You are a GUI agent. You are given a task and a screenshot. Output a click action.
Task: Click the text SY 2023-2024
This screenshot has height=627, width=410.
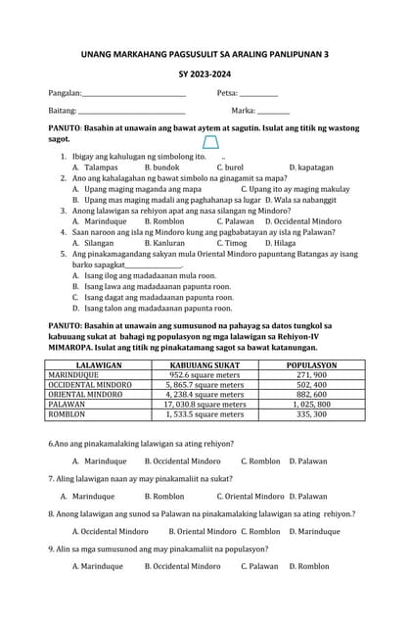(x=205, y=73)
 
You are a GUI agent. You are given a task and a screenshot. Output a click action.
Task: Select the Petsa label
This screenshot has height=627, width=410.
(x=227, y=93)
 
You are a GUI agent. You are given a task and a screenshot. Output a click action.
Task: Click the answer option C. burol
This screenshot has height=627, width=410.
(x=228, y=168)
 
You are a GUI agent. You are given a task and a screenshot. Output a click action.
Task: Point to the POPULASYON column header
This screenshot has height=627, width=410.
(x=312, y=363)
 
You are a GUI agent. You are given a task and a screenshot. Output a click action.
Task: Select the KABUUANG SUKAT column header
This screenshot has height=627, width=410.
(x=205, y=363)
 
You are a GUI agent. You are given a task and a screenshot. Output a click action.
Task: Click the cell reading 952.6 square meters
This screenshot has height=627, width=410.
(x=205, y=374)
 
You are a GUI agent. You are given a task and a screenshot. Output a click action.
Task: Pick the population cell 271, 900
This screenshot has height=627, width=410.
(x=312, y=374)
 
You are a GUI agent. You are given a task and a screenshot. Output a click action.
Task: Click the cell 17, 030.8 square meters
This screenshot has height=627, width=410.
(x=205, y=404)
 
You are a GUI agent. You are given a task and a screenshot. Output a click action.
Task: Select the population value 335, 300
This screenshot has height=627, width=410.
(x=312, y=414)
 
